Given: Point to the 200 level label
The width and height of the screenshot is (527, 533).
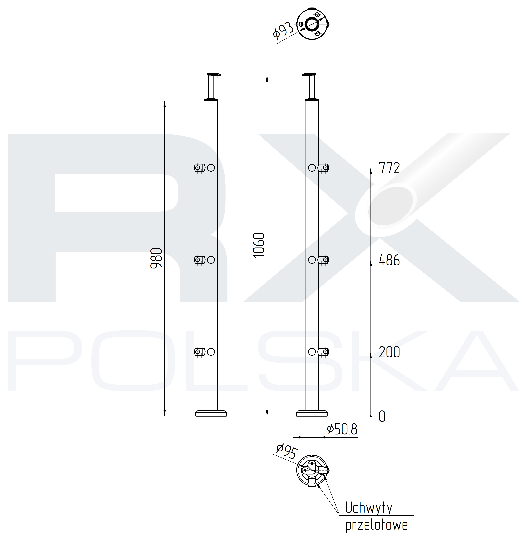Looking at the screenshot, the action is tap(389, 352).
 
